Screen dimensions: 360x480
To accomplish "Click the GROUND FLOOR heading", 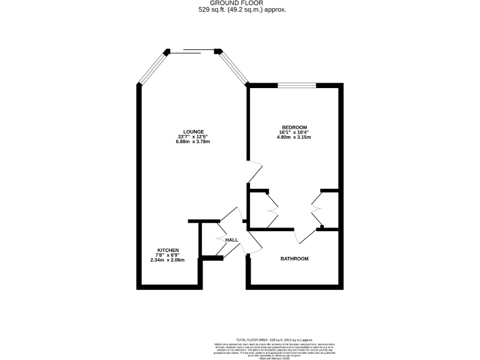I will point(240,2).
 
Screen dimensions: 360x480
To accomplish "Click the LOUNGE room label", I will point(192,131).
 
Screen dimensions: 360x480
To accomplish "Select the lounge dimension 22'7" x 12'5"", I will point(192,137).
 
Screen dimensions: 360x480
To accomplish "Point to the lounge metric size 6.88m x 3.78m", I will point(192,142).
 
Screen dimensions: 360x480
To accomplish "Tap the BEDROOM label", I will point(294,127).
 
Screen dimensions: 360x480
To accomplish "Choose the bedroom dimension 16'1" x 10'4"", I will point(294,132).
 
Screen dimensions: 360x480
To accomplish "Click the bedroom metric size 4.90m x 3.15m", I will point(294,137).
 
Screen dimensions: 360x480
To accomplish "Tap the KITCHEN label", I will point(168,250).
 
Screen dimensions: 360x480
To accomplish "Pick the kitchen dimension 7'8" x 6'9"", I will point(168,255).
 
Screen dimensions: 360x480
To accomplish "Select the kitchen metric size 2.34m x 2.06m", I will point(168,260).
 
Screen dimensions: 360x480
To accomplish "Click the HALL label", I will point(231,240).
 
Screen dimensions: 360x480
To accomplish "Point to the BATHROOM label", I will point(294,259).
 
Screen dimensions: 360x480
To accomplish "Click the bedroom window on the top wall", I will point(296,84).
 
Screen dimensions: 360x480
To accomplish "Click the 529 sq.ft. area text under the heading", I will point(240,9).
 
